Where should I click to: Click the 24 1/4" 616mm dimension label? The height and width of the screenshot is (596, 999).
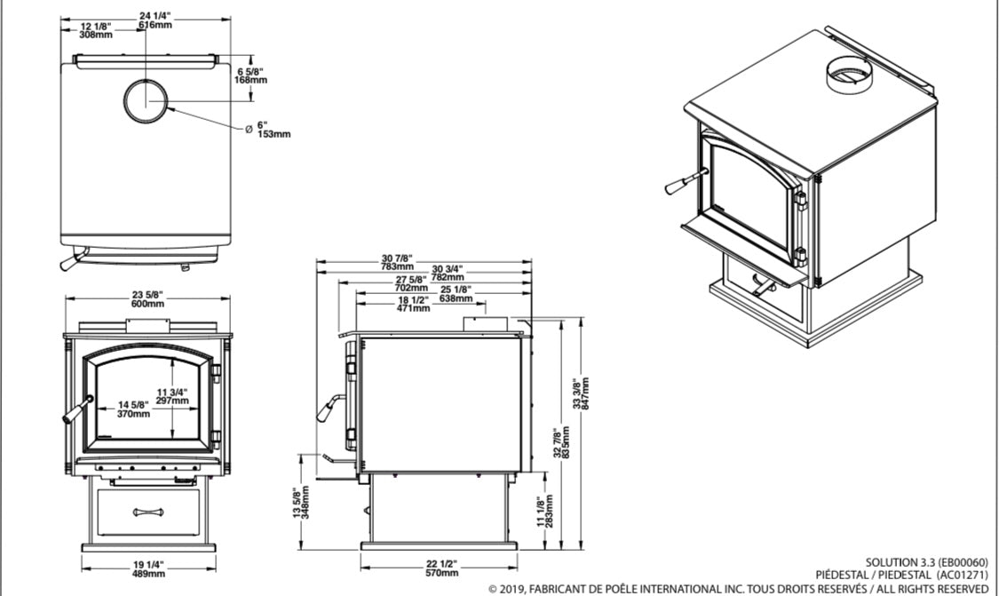click(x=155, y=20)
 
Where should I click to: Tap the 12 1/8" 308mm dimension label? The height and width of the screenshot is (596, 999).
click(x=95, y=30)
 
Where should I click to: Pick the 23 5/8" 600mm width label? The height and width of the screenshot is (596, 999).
click(x=147, y=298)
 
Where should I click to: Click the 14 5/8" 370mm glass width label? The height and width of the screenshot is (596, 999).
click(x=133, y=409)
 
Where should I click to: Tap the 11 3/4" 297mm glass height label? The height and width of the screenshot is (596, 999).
click(x=172, y=395)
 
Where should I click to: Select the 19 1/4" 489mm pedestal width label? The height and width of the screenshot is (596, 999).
click(x=147, y=568)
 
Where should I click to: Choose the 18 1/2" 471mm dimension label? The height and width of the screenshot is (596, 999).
click(x=412, y=304)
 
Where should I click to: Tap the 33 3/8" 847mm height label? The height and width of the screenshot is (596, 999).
click(x=583, y=392)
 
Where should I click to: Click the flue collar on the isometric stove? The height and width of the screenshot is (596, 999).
click(x=850, y=75)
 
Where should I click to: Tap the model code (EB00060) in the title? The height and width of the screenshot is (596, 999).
click(x=959, y=562)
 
